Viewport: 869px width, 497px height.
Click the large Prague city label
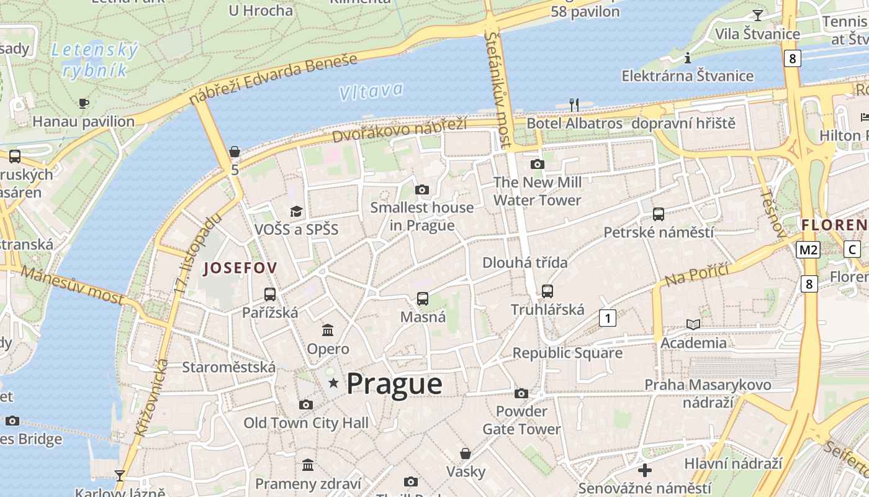394,384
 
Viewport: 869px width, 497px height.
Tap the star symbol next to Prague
333,383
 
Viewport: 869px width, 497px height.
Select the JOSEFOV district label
240,268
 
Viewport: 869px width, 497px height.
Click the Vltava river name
371,92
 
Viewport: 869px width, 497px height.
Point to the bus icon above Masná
423,299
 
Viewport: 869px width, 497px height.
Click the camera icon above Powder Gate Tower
521,393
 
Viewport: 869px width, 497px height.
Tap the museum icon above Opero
328,330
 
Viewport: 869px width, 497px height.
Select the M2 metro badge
808,250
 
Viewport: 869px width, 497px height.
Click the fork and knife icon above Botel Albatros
574,105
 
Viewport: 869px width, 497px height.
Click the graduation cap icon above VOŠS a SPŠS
296,212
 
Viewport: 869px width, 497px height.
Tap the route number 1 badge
608,319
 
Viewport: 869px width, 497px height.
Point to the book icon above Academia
693,324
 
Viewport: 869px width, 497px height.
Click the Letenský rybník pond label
95,60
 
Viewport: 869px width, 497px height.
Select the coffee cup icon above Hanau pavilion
84,103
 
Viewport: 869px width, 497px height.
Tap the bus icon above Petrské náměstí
659,214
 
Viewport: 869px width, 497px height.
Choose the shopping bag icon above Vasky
466,454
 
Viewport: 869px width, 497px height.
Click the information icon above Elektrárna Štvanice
687,58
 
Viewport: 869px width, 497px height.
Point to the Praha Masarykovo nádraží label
708,393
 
